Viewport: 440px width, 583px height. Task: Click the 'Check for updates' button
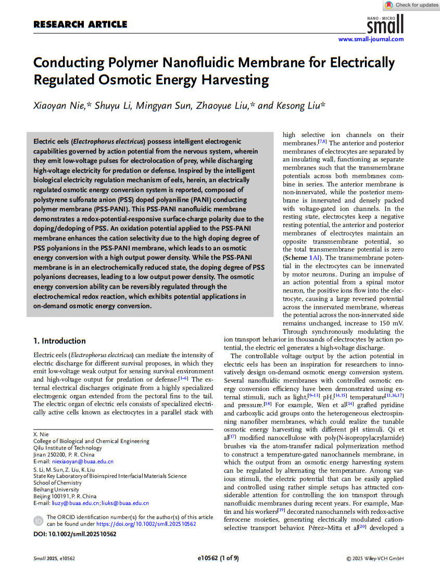[x=411, y=5]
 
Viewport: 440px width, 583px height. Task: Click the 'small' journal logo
[x=385, y=24]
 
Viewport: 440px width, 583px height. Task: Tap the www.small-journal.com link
[x=371, y=40]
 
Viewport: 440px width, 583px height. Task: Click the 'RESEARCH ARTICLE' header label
[x=80, y=24]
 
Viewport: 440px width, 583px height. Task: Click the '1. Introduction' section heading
[x=59, y=341]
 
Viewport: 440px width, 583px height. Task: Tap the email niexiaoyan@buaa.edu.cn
[x=81, y=462]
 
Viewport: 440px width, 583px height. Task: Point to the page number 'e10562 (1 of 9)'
[x=218, y=559]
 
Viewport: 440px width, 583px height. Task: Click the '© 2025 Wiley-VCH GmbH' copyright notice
[x=375, y=559]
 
